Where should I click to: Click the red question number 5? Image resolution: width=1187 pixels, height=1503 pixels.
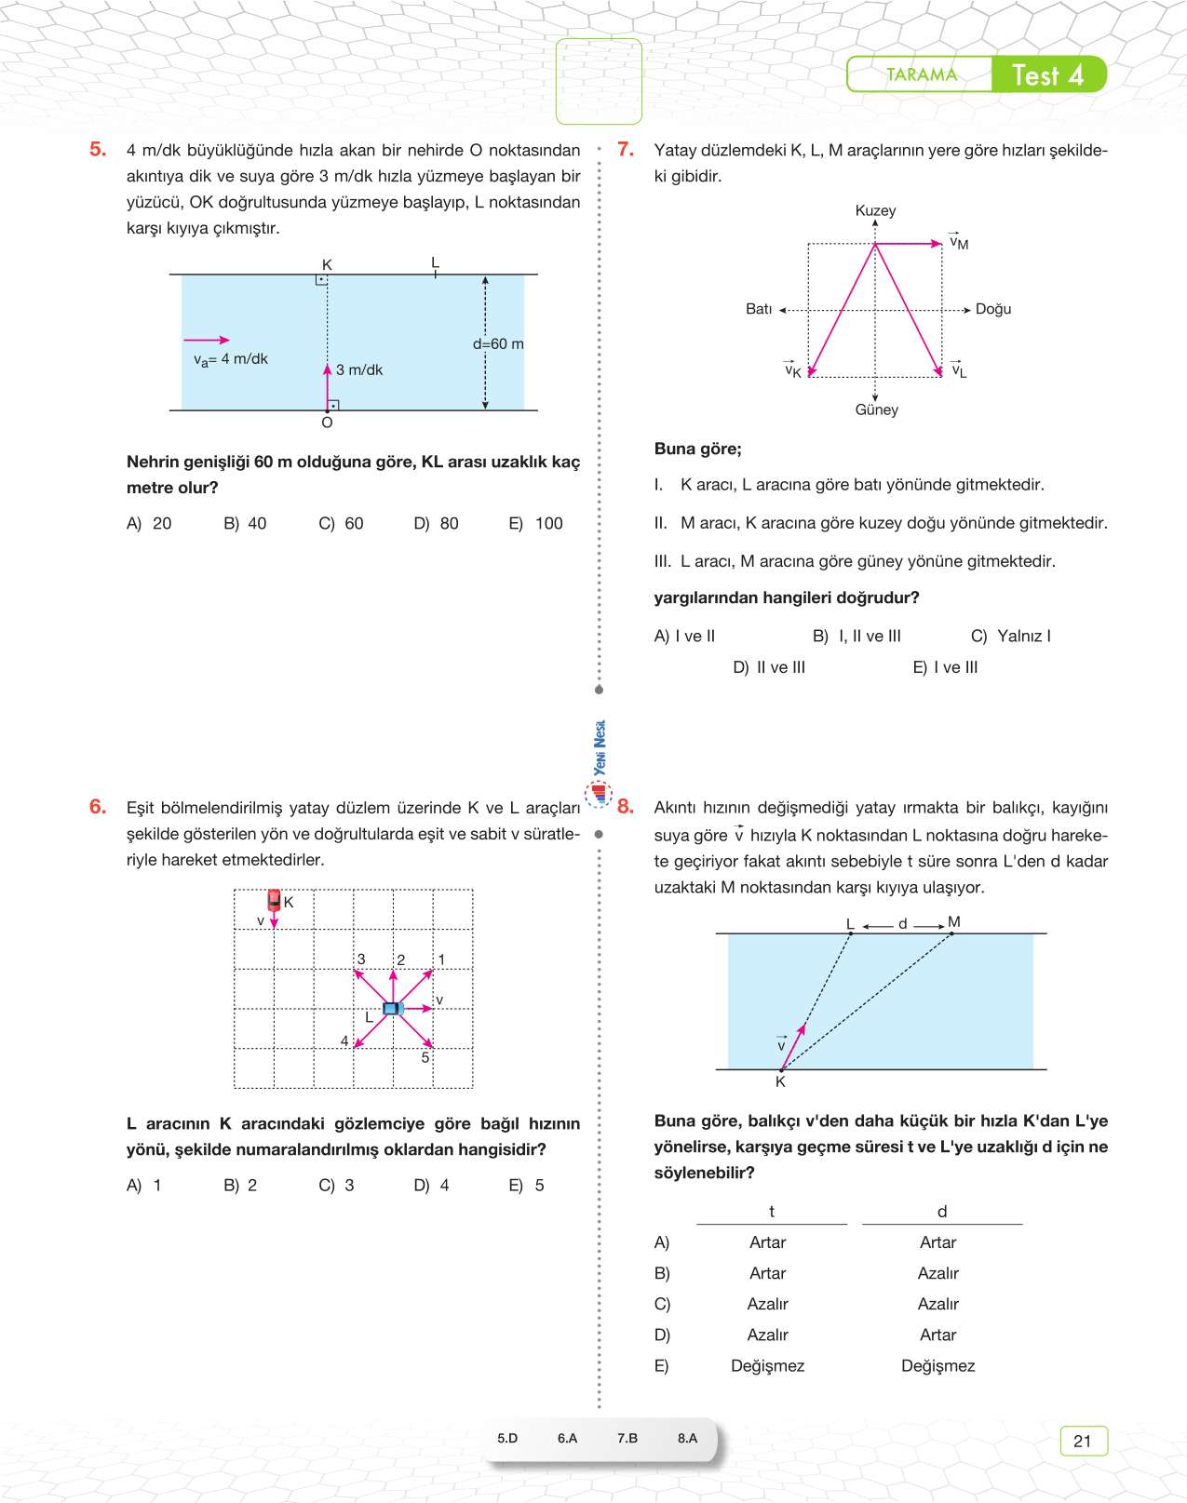coord(98,150)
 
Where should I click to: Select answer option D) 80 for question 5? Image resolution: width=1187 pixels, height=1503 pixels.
coord(437,524)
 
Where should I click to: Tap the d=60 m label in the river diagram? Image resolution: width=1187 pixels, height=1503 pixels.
coord(498,344)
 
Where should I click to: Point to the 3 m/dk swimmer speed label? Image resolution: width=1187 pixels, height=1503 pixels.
coord(359,370)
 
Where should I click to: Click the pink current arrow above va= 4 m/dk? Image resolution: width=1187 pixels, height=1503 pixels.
coord(207,341)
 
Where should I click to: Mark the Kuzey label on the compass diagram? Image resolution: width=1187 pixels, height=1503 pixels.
coord(875,211)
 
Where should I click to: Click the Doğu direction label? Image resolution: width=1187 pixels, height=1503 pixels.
coord(993,310)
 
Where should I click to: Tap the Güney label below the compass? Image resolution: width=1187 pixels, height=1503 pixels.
coord(877,410)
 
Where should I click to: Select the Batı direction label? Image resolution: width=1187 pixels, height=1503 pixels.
coord(759,310)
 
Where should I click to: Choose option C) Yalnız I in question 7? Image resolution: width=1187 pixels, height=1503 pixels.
coord(1011,637)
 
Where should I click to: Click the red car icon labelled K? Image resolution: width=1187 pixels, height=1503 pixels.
coord(274,899)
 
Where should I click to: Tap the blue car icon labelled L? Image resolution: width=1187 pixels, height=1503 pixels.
coord(392,1009)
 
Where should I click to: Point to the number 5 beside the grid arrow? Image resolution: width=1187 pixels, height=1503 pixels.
coord(425,1058)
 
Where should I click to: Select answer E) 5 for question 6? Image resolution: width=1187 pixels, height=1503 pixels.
coord(527,1186)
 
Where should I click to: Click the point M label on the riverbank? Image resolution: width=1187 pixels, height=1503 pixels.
coord(954,922)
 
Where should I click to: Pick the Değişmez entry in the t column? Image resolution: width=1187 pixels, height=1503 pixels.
coord(767,1366)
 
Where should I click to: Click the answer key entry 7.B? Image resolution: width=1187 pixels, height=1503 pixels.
coord(627,1439)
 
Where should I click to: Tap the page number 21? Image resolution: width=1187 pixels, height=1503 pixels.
coord(1083,1442)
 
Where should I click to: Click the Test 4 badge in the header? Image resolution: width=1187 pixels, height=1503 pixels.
coord(1048,75)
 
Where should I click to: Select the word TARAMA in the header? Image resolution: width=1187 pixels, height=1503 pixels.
coord(921,75)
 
